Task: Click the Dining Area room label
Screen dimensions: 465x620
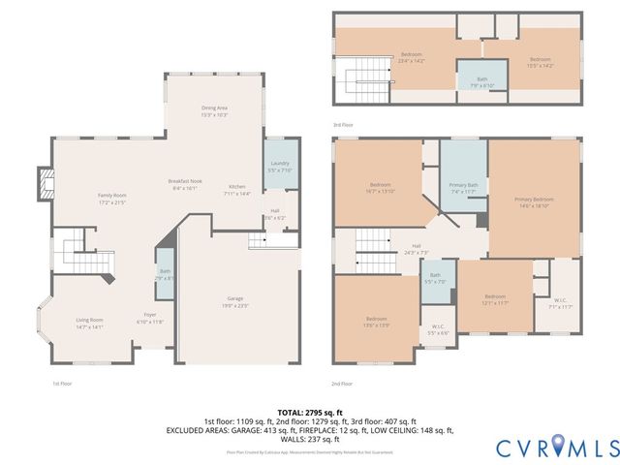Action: (214, 110)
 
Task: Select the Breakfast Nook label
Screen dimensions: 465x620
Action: (184, 185)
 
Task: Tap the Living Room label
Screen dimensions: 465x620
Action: (90, 323)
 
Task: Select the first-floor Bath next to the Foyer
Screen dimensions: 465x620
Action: (165, 274)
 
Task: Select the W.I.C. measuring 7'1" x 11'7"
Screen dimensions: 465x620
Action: (561, 302)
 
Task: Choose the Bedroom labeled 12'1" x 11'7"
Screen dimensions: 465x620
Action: (495, 298)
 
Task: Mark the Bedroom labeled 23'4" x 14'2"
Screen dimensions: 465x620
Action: (412, 56)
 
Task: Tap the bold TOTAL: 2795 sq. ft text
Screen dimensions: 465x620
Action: (309, 412)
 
